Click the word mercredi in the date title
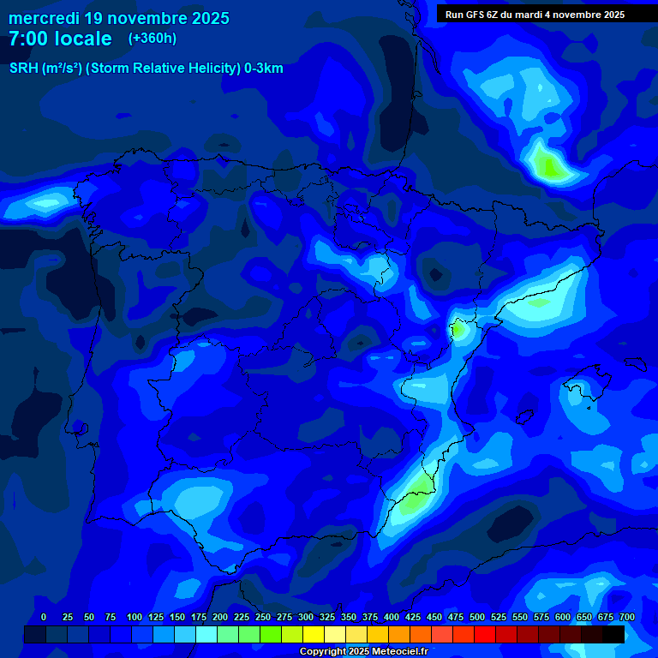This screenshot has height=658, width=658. [43, 18]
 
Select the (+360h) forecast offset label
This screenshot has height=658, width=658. [153, 39]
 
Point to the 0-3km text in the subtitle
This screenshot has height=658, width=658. [264, 69]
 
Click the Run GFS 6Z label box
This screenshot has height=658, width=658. [535, 15]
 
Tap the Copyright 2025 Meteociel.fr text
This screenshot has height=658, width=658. [363, 652]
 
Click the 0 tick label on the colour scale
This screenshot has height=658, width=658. [44, 617]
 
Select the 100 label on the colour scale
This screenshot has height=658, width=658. [135, 617]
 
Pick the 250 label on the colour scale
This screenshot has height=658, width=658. [263, 617]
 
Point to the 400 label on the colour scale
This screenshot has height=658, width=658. [392, 617]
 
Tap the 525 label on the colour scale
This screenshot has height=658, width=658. [499, 617]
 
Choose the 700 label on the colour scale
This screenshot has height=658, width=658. [627, 617]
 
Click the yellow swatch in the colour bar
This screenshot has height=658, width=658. [314, 634]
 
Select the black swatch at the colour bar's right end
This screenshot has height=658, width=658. [613, 634]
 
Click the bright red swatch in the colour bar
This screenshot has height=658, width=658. [485, 634]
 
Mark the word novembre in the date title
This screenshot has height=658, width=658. [145, 18]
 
